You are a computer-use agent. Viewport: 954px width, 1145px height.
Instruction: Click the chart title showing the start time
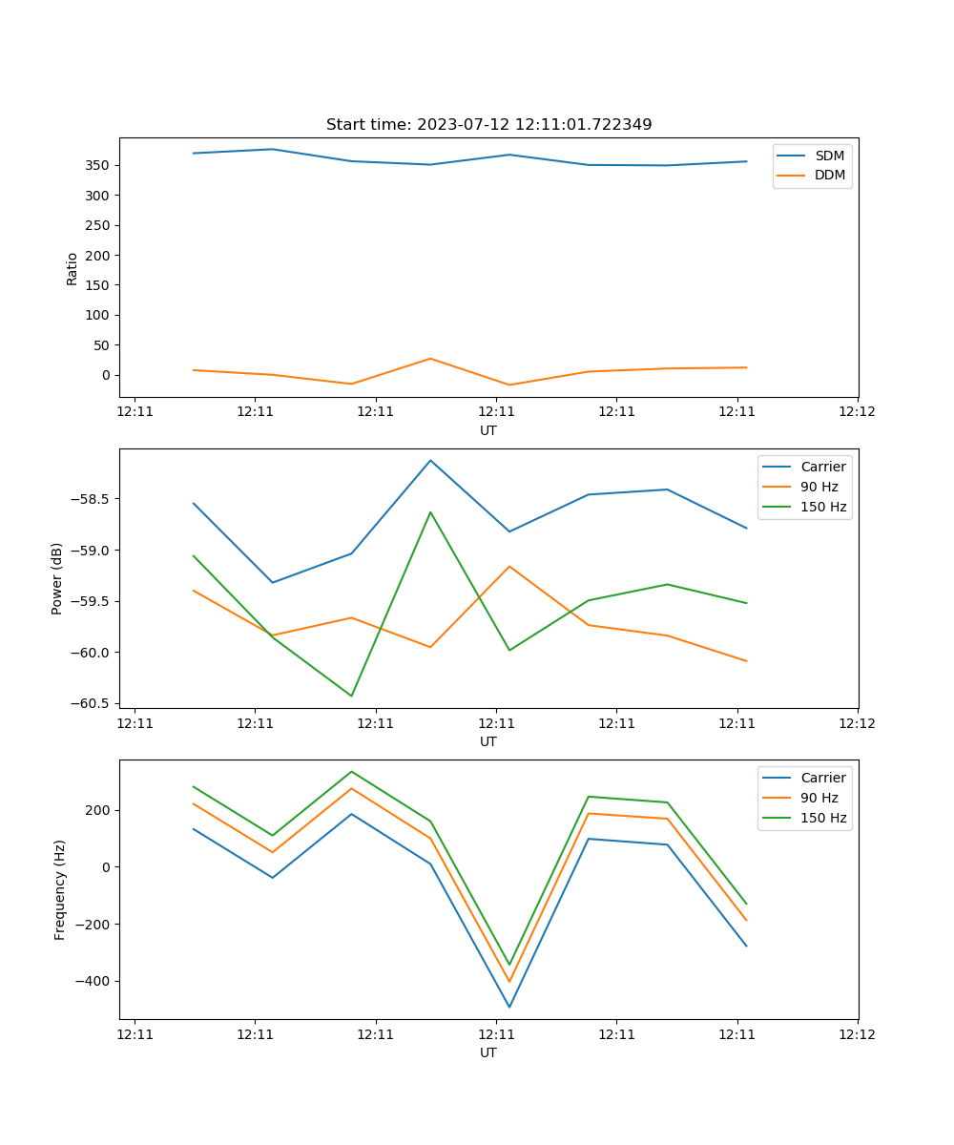[488, 125]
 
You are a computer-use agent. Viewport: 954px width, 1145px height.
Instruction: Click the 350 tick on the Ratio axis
[99, 165]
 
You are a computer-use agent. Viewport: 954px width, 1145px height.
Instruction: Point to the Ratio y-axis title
[73, 267]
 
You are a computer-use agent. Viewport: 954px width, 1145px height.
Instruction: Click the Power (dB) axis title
[57, 578]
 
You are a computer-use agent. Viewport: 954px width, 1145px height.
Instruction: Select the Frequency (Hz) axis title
[60, 889]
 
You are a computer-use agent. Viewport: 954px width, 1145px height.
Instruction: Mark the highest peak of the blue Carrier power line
[430, 460]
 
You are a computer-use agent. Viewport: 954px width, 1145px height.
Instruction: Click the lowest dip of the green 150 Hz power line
[351, 696]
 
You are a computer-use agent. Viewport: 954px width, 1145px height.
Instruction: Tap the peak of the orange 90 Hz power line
[509, 566]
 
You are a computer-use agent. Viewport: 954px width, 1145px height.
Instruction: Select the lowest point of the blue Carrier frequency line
[509, 1007]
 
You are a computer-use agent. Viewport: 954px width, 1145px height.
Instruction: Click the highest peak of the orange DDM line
[430, 359]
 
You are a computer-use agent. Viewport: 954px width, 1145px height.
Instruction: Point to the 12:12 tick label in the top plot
[857, 412]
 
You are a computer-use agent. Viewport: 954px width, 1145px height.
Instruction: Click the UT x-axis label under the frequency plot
[488, 1052]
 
